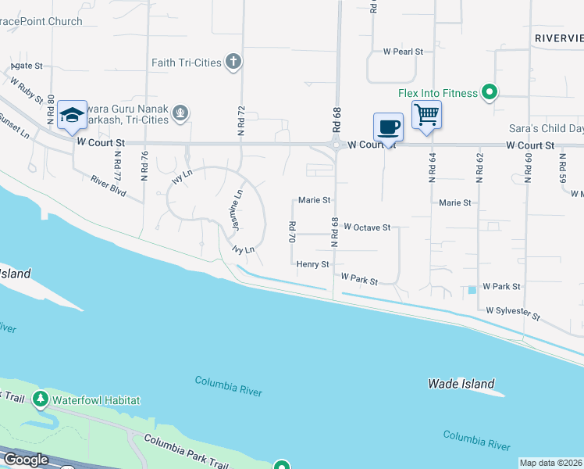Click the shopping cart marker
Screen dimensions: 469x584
pyautogui.click(x=426, y=115)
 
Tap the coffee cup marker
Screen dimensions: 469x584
pyautogui.click(x=389, y=125)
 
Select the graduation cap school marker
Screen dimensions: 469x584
pyautogui.click(x=72, y=115)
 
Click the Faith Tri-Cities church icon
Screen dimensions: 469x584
pyautogui.click(x=233, y=62)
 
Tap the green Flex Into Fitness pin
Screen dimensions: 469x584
pyautogui.click(x=490, y=93)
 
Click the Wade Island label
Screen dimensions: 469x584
pyautogui.click(x=461, y=384)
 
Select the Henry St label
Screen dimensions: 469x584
pyautogui.click(x=312, y=265)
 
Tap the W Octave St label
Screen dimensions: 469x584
pyautogui.click(x=366, y=227)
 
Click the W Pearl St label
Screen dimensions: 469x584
pyautogui.click(x=402, y=52)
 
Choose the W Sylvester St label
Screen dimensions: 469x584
pyautogui.click(x=513, y=313)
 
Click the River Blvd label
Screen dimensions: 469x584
pyautogui.click(x=108, y=184)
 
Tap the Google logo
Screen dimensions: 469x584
pyautogui.click(x=26, y=460)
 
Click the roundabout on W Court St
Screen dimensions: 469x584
pyautogui.click(x=337, y=144)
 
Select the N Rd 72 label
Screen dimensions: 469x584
pyautogui.click(x=241, y=121)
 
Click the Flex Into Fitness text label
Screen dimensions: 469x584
pyautogui.click(x=437, y=93)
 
